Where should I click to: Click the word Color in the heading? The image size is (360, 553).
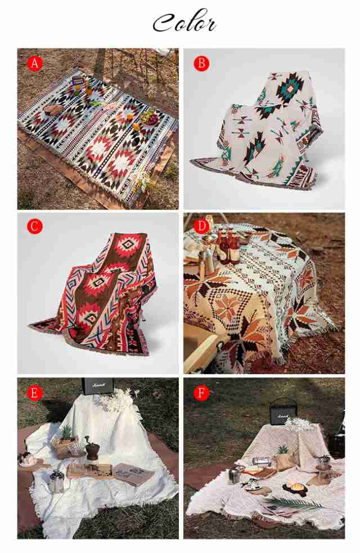click(x=184, y=22)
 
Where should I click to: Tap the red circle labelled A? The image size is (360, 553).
click(x=34, y=64)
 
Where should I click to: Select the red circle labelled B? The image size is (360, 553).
click(x=201, y=64)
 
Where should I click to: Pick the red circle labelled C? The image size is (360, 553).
click(x=34, y=226)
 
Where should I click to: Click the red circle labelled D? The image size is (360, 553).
click(x=201, y=226)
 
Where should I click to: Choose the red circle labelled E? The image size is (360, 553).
click(x=34, y=393)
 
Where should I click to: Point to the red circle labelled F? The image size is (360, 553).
click(x=201, y=393)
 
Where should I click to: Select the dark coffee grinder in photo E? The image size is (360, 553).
click(x=92, y=448)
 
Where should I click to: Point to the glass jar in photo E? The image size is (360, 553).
click(x=56, y=481)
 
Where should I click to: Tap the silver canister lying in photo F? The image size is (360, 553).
click(x=262, y=461)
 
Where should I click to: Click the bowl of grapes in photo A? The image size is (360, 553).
click(x=150, y=118)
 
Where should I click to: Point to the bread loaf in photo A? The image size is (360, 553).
click(x=53, y=110)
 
